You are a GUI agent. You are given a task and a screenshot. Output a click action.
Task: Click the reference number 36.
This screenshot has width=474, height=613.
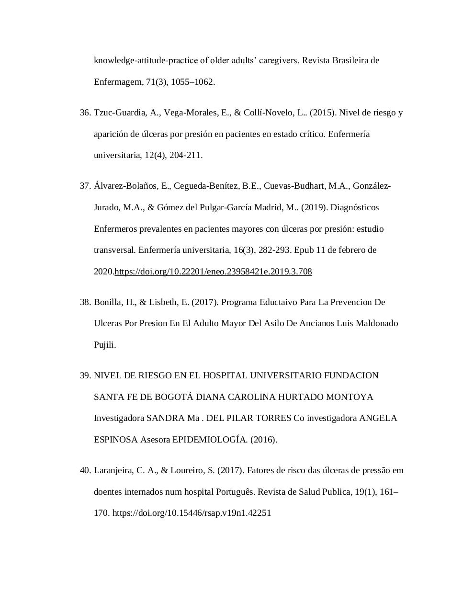point(85,113)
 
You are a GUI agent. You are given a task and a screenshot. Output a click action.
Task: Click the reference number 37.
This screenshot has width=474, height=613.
point(85,186)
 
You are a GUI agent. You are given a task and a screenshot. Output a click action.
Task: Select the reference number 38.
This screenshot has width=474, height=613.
point(85,303)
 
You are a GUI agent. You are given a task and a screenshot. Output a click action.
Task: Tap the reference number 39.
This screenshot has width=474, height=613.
point(85,376)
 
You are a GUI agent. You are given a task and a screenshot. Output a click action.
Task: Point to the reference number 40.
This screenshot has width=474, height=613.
point(85,471)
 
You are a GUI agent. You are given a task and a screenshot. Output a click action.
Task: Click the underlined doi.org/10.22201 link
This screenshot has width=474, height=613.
point(213,272)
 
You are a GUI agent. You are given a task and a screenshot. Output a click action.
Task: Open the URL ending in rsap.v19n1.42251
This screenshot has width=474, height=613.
point(192,513)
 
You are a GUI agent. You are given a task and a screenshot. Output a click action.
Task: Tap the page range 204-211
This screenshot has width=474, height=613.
point(185,156)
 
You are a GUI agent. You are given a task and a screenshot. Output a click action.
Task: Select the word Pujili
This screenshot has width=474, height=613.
point(104,345)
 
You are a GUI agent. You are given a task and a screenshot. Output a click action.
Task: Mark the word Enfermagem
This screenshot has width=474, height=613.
point(116,82)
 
